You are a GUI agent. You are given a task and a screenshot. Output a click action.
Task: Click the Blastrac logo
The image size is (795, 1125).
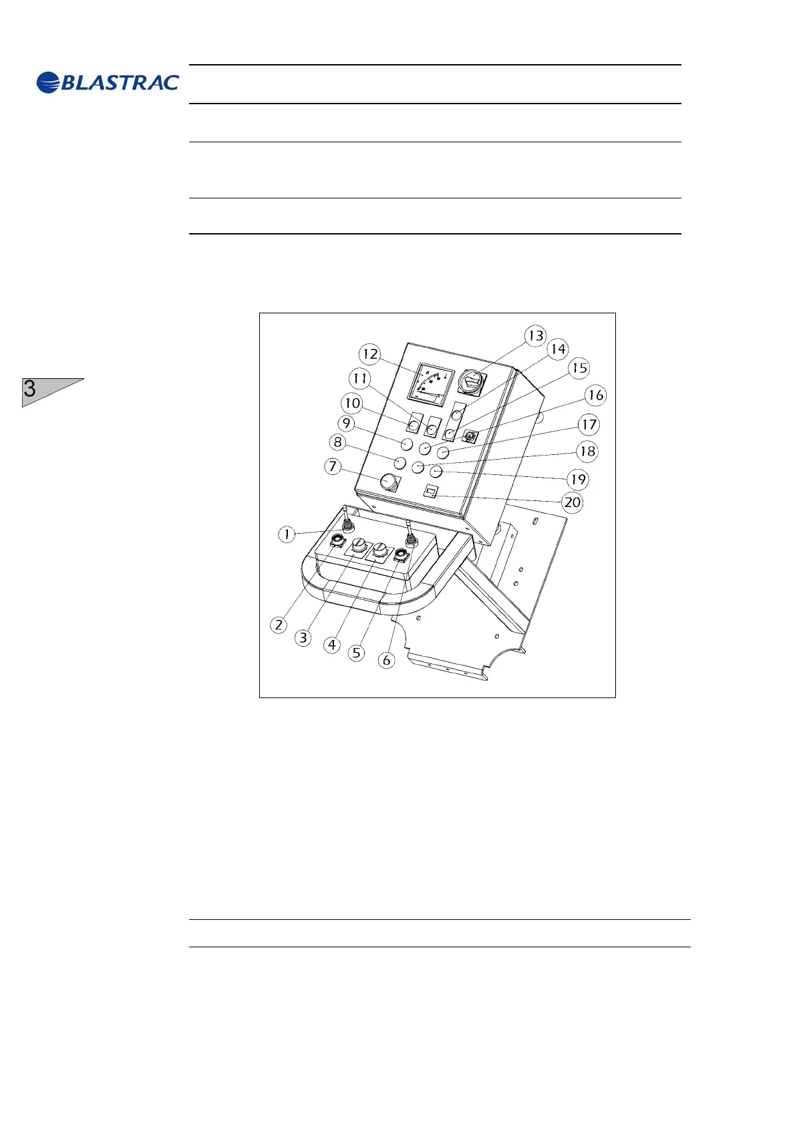[108, 82]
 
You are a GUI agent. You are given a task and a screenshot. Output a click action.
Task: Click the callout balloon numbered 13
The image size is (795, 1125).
[536, 335]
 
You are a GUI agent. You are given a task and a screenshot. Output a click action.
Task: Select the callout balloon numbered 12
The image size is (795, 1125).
[369, 354]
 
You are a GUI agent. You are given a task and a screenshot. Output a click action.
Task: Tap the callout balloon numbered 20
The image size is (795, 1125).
[573, 502]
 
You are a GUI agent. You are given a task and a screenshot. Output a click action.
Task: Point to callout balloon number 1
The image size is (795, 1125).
[287, 534]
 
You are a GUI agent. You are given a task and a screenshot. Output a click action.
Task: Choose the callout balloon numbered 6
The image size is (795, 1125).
[386, 661]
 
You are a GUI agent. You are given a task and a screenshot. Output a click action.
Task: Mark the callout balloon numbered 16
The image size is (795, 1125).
[595, 395]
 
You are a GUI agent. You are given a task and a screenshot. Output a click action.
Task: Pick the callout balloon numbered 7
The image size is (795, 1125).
[333, 466]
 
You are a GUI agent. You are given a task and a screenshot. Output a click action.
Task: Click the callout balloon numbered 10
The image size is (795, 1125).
[352, 404]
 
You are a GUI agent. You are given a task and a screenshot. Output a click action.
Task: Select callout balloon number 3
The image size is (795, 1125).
[303, 638]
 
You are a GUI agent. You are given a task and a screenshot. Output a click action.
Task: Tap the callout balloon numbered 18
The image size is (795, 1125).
[587, 452]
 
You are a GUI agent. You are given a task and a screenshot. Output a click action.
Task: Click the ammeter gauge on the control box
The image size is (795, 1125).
[430, 385]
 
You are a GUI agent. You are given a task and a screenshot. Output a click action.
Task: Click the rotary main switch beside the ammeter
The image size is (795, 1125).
[472, 384]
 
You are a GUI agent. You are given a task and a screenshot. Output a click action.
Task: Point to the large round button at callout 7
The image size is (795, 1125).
[388, 481]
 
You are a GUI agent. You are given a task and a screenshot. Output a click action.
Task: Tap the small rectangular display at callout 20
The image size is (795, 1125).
[431, 492]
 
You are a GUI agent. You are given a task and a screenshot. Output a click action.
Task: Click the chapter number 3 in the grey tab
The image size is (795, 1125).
[30, 389]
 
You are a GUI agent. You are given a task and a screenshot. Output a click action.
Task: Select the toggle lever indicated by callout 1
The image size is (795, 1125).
[345, 519]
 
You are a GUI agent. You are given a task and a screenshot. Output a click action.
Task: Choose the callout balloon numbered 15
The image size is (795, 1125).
[579, 368]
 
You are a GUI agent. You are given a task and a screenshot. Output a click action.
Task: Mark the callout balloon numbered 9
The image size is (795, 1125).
[346, 424]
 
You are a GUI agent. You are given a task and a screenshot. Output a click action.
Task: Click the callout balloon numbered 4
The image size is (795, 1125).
[332, 645]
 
